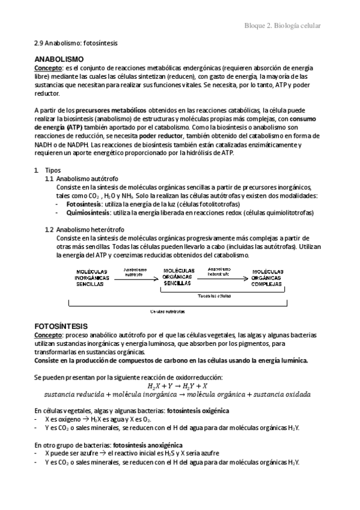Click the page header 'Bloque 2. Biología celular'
point(282,26)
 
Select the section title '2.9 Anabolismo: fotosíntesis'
point(76,44)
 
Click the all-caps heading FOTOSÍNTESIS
point(61,325)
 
